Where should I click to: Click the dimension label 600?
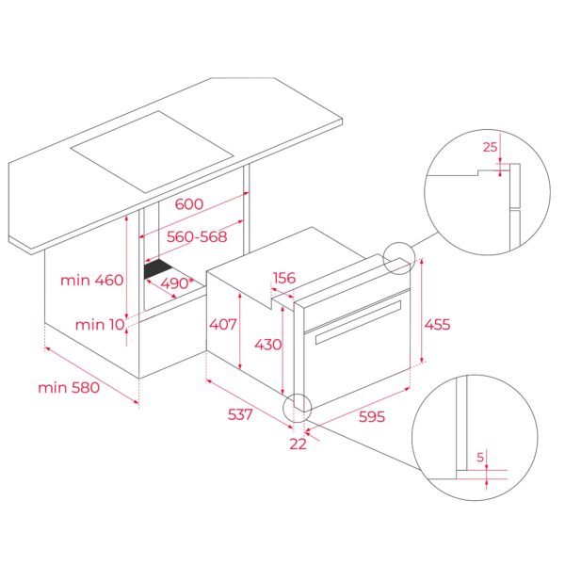[x=188, y=204]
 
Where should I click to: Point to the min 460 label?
[x=91, y=280]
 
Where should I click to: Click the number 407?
[x=222, y=325]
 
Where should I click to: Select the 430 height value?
[x=267, y=345]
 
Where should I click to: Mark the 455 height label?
[x=436, y=325]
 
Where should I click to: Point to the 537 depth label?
[x=240, y=414]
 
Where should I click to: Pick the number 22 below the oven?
[x=298, y=444]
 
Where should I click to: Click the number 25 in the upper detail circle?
[x=489, y=146]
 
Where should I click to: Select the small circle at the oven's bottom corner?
[x=298, y=406]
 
